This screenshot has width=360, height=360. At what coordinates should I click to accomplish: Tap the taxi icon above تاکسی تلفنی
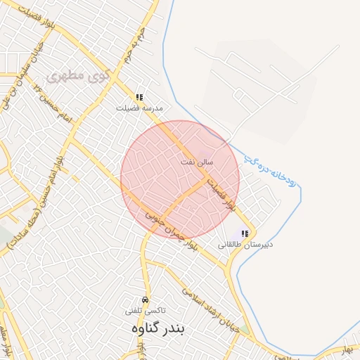tap(146, 300)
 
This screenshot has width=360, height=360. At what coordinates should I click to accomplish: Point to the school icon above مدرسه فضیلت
tap(139, 98)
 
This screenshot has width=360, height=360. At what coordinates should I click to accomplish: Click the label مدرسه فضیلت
tap(140, 108)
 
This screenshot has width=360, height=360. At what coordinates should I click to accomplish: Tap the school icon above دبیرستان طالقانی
tap(245, 233)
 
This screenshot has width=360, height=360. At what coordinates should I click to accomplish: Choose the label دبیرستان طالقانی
tap(245, 244)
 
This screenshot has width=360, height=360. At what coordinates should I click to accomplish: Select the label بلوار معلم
tap(6, 340)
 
